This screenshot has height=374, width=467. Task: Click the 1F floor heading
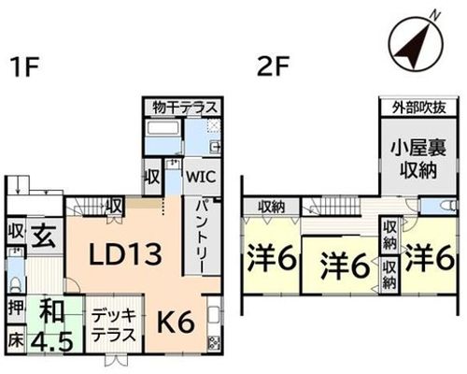click(24, 67)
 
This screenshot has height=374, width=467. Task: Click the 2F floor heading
click(273, 66)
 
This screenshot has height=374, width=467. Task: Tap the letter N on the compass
click(436, 15)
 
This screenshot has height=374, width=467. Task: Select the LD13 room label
click(125, 254)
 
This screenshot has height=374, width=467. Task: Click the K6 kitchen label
click(176, 324)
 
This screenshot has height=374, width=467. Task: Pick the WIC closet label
click(201, 177)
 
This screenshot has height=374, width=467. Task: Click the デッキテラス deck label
click(115, 325)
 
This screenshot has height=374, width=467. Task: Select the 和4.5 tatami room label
click(53, 325)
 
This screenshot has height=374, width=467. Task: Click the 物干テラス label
click(184, 108)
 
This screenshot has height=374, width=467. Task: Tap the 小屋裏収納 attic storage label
click(418, 159)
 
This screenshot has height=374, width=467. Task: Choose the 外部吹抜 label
click(418, 108)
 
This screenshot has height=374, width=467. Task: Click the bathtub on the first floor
click(163, 128)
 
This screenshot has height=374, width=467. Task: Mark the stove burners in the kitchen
click(215, 341)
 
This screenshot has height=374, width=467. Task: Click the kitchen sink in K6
click(214, 314)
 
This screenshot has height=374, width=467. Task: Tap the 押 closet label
click(16, 308)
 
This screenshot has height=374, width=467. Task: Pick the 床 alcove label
click(16, 340)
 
